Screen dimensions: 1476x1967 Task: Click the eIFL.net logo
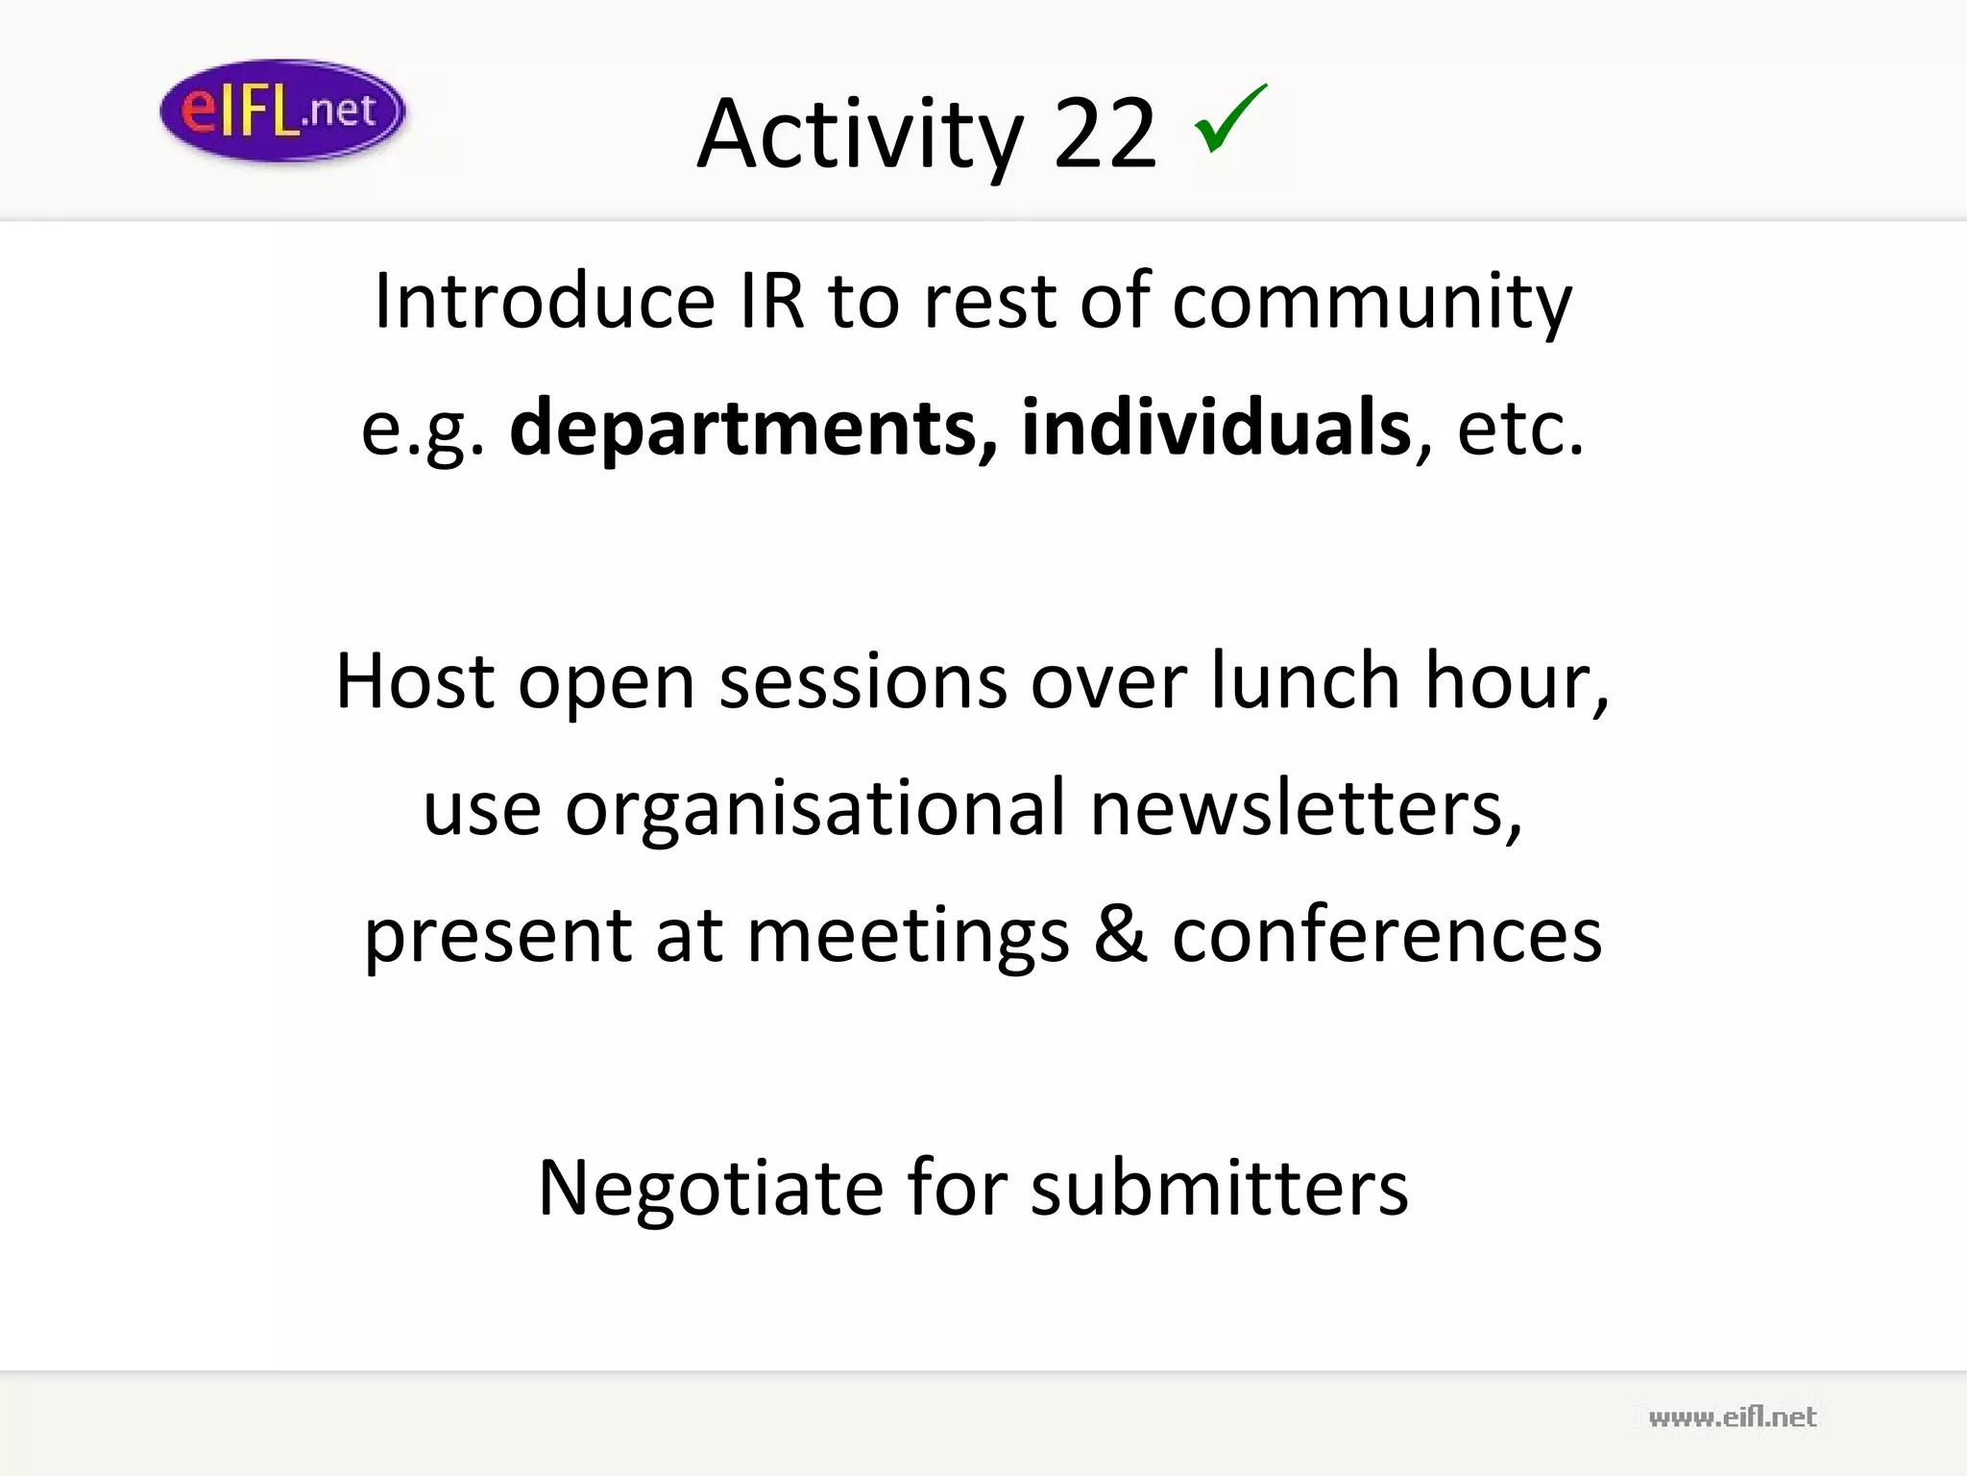[282, 111]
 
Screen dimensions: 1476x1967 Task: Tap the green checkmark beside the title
[1230, 119]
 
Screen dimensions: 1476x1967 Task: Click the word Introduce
[545, 301]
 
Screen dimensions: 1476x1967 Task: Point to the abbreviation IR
[771, 301]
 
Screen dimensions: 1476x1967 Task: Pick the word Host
[415, 681]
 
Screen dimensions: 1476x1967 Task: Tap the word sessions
[862, 681]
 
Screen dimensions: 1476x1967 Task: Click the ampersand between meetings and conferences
[1120, 935]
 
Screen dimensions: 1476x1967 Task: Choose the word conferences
[1387, 935]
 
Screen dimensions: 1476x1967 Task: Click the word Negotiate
[710, 1189]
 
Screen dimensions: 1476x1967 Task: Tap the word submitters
[1220, 1189]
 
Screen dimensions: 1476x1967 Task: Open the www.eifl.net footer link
[1732, 1417]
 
